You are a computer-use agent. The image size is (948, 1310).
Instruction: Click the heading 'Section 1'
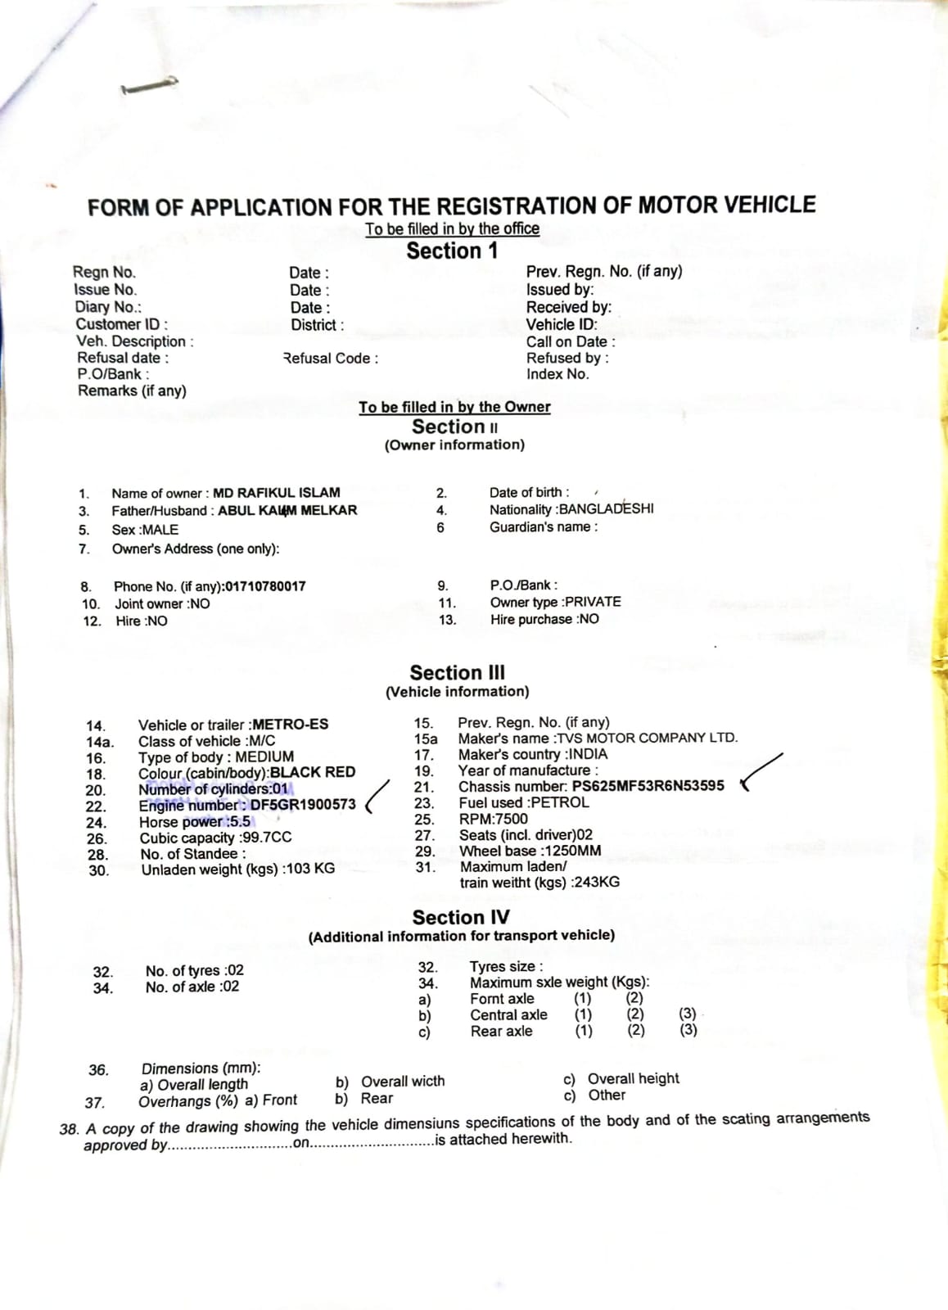(452, 251)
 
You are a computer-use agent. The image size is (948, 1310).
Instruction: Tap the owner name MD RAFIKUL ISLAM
(276, 493)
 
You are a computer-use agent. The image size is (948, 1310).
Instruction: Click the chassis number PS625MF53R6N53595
(648, 786)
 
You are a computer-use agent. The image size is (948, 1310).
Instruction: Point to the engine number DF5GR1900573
(303, 805)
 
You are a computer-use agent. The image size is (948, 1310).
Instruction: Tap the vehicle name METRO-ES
(291, 725)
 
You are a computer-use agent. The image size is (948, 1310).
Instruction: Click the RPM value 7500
(512, 819)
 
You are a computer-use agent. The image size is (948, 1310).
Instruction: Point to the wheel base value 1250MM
(571, 851)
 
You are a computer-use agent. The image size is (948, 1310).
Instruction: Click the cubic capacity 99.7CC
(267, 838)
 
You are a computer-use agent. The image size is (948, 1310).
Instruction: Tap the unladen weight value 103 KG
(309, 869)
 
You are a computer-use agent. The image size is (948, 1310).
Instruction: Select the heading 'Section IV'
(460, 917)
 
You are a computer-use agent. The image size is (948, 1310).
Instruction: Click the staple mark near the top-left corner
(148, 86)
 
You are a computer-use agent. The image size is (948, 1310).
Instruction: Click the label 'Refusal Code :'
(331, 359)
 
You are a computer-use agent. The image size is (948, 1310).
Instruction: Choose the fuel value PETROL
(560, 802)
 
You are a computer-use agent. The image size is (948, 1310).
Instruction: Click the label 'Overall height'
(633, 1078)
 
